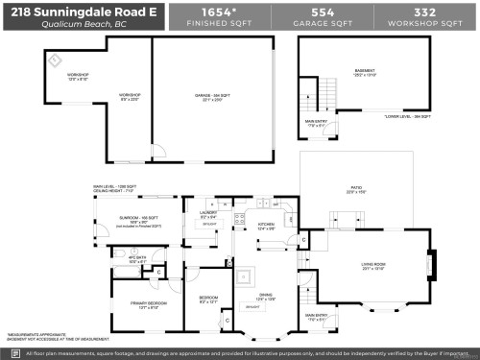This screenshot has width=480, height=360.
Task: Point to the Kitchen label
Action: [267, 227]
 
